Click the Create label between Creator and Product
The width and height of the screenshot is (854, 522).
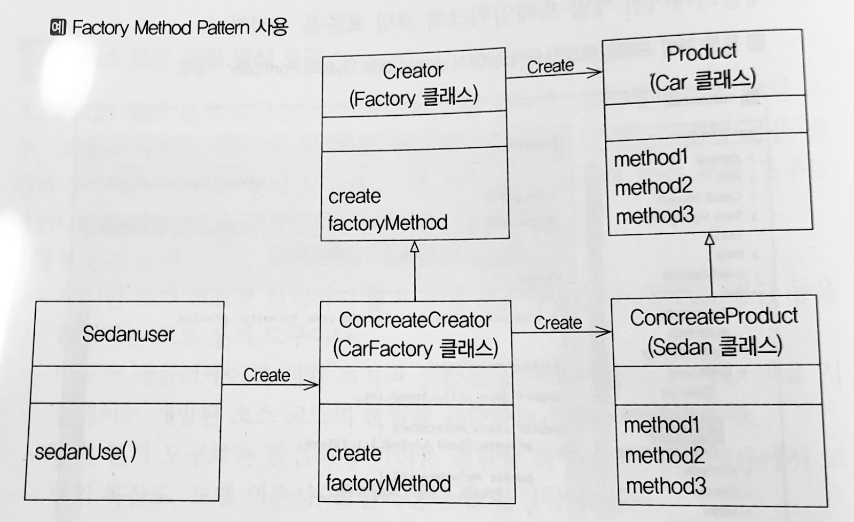point(550,67)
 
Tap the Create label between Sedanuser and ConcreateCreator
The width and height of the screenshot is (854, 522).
point(266,375)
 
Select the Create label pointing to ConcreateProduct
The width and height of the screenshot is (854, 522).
point(558,323)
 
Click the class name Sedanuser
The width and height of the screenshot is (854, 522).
point(128,335)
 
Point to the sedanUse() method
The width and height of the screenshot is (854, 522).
point(85,452)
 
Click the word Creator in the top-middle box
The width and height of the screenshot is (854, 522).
point(413,71)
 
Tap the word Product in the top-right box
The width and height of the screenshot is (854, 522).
point(701,53)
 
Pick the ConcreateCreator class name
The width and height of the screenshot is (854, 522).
point(415,320)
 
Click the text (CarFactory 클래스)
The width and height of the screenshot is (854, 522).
point(415,349)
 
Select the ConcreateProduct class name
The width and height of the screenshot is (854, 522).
point(714,317)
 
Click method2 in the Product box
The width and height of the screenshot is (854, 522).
point(653,187)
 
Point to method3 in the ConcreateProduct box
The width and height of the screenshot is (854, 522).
point(666,486)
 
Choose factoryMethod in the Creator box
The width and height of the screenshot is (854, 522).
point(388,223)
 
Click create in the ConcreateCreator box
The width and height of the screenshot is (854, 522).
point(353,454)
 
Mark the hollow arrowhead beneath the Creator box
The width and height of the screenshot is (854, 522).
point(415,247)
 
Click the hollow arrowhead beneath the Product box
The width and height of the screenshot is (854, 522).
point(709,239)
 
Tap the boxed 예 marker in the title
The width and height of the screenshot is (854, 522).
point(58,27)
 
